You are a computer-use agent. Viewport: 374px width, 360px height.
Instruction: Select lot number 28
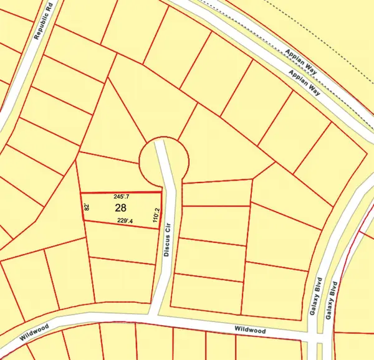(x=120, y=208)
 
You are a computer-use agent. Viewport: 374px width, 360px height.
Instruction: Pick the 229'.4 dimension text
(x=127, y=220)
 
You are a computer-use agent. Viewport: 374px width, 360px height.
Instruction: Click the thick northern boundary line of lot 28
(x=118, y=192)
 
